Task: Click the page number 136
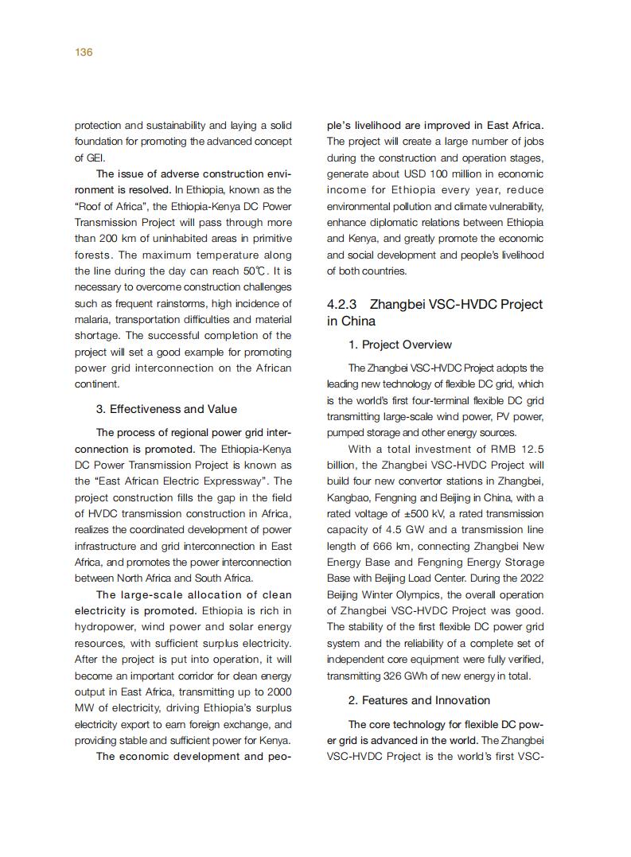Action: pyautogui.click(x=84, y=53)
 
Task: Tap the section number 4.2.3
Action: pyautogui.click(x=347, y=304)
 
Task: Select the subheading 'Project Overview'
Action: pyautogui.click(x=407, y=345)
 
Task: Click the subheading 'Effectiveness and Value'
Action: pyautogui.click(x=173, y=409)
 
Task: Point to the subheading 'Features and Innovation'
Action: pyautogui.click(x=426, y=700)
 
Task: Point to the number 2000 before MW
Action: pyautogui.click(x=275, y=691)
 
